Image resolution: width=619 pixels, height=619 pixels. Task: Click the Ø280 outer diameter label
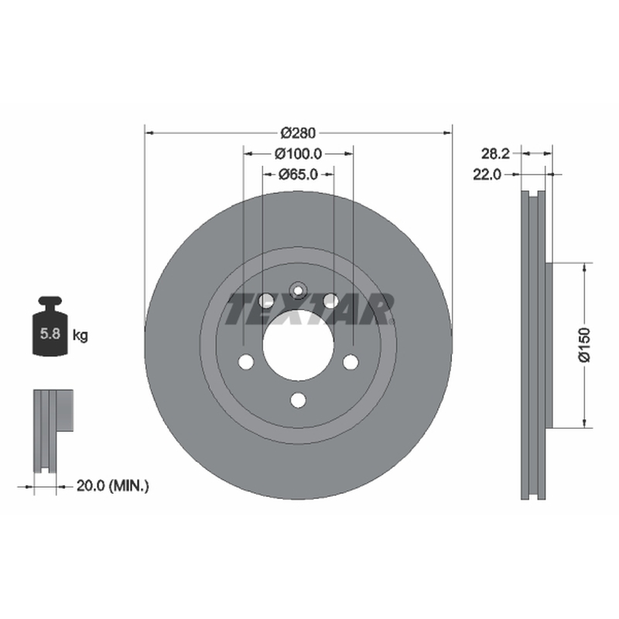[x=298, y=133]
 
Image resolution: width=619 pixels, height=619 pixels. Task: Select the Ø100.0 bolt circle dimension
[x=298, y=153]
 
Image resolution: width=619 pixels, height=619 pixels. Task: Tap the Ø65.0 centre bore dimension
[x=298, y=174]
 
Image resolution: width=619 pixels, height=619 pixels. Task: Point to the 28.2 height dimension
[x=495, y=153]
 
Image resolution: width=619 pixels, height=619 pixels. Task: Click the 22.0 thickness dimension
[x=487, y=174]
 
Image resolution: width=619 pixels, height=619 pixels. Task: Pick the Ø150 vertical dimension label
[x=584, y=344]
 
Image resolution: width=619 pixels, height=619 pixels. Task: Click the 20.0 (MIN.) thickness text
[x=112, y=486]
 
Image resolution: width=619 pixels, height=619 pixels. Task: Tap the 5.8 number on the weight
[x=50, y=333]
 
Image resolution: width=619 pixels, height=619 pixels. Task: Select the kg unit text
[x=80, y=336]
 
